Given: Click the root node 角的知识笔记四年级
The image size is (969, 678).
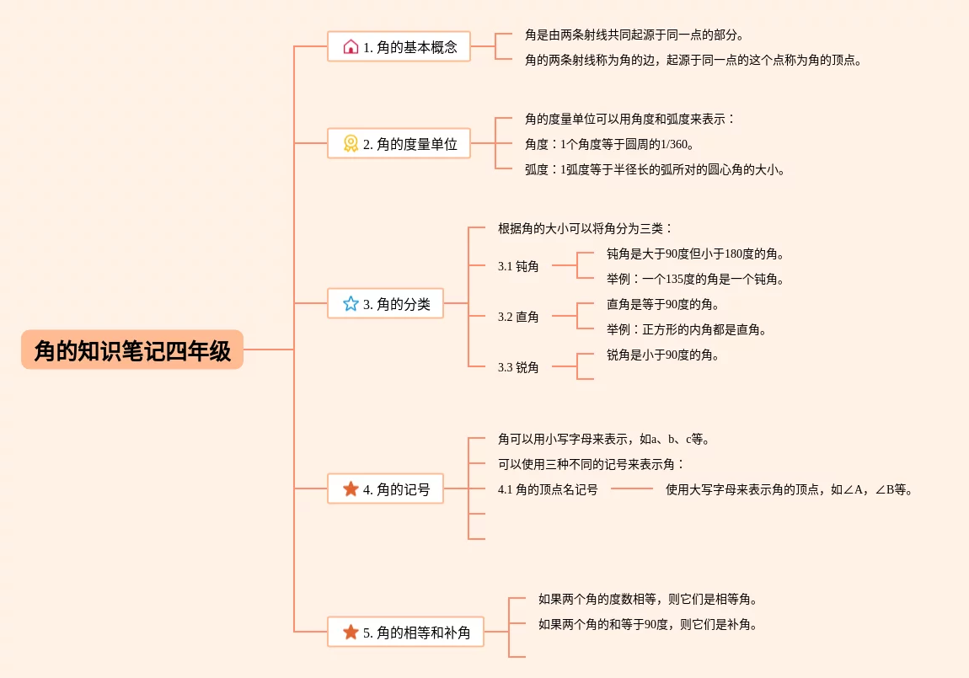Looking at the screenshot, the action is tap(132, 350).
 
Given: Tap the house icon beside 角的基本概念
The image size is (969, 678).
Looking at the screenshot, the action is tap(351, 46).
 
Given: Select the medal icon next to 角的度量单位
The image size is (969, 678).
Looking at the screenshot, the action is tap(351, 143).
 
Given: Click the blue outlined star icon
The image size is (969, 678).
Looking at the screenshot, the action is tap(351, 303).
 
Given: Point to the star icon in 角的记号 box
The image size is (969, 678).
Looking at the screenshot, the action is tap(351, 488).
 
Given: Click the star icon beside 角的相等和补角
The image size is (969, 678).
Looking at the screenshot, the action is tap(351, 632).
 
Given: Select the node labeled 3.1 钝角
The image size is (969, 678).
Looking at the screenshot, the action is tap(518, 266).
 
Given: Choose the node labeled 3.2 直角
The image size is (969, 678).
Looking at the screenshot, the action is tap(518, 317).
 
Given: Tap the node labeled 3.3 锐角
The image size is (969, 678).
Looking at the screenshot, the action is tap(518, 367).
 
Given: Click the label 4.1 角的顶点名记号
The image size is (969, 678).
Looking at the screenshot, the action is tap(548, 489).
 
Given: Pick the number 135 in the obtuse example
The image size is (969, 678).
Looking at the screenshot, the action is tap(676, 279).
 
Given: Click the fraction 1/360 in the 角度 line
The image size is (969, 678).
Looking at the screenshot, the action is tap(673, 145).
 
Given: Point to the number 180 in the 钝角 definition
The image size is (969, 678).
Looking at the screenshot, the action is tap(734, 254).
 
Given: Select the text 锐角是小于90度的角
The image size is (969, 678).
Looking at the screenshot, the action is tap(662, 355).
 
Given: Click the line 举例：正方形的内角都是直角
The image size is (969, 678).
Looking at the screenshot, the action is tap(687, 330).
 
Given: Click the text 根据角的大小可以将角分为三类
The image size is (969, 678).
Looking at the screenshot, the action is tap(585, 228).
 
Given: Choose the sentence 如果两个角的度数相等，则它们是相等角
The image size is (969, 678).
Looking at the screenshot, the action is tap(648, 599).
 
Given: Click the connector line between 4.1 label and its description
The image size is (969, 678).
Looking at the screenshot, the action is tap(632, 489).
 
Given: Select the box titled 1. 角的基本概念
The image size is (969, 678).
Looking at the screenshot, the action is tap(399, 46).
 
